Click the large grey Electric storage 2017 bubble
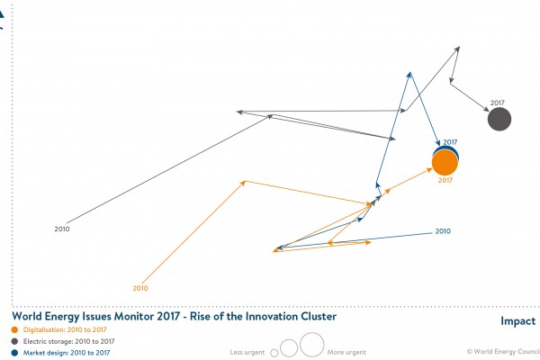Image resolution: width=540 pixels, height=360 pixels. coord(499,119)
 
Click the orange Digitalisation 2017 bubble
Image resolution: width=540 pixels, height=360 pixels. coord(445,163)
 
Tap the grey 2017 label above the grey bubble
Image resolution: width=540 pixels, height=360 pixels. coord(499,103)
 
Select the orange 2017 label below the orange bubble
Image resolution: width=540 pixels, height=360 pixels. coord(445,181)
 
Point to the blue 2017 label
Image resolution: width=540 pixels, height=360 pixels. coord(450,141)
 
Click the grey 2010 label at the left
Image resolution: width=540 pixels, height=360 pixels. coord(62,229)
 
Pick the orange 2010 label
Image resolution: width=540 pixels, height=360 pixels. coord(139,288)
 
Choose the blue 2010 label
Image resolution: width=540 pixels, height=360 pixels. coord(442,231)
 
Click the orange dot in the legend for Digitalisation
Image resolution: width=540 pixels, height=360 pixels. coord(14,329)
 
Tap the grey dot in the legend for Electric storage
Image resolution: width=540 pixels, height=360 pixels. coord(14,341)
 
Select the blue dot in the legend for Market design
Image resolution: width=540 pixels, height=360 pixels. coord(14,352)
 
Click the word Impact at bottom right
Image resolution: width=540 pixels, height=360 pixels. coord(517,321)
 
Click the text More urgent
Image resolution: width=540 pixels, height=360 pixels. coord(346,351)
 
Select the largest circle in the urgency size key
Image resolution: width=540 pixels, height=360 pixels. coord(311,345)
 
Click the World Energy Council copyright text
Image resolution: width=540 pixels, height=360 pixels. coord(500,352)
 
